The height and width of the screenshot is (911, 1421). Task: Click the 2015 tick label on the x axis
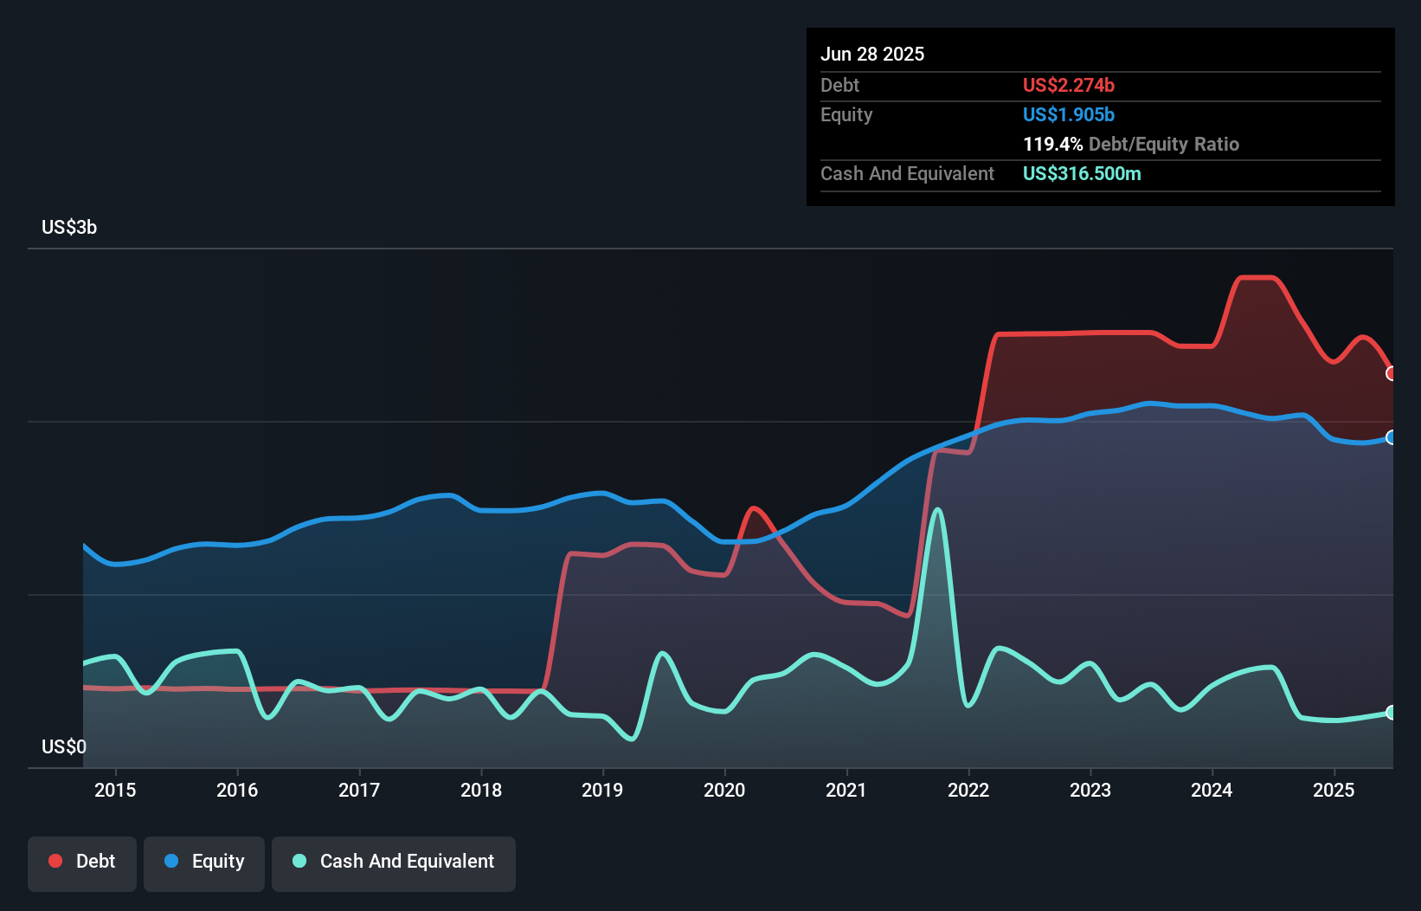115,790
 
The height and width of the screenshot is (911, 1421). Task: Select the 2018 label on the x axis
480,790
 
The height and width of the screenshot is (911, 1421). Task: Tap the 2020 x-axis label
724,790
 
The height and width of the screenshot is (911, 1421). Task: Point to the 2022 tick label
968,790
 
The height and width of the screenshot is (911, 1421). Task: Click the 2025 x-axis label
1334,790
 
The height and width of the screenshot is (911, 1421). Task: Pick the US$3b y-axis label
69,227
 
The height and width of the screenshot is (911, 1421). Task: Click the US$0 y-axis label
64,746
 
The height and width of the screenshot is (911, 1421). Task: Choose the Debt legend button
82,862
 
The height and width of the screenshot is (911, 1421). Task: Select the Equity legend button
204,862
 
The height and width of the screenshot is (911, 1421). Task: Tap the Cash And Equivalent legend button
394,862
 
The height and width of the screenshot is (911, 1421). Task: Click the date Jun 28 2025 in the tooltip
872,54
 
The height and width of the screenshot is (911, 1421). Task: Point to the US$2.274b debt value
1068,85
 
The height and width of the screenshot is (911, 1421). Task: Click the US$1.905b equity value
1068,114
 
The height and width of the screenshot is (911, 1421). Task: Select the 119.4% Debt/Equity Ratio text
1130,144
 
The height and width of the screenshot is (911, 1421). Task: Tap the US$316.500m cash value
1082,173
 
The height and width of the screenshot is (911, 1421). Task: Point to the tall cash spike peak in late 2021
937,510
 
